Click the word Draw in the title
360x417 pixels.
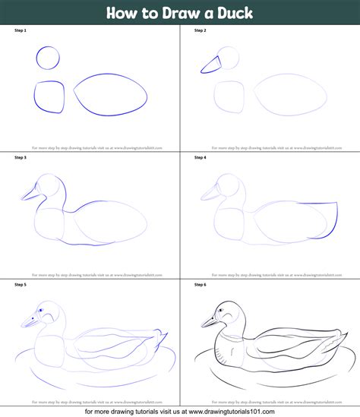click(x=176, y=13)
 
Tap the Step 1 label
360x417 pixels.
click(x=20, y=30)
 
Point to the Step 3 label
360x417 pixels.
click(x=20, y=158)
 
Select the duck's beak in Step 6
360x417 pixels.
click(x=208, y=321)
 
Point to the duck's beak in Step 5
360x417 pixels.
click(x=28, y=322)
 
